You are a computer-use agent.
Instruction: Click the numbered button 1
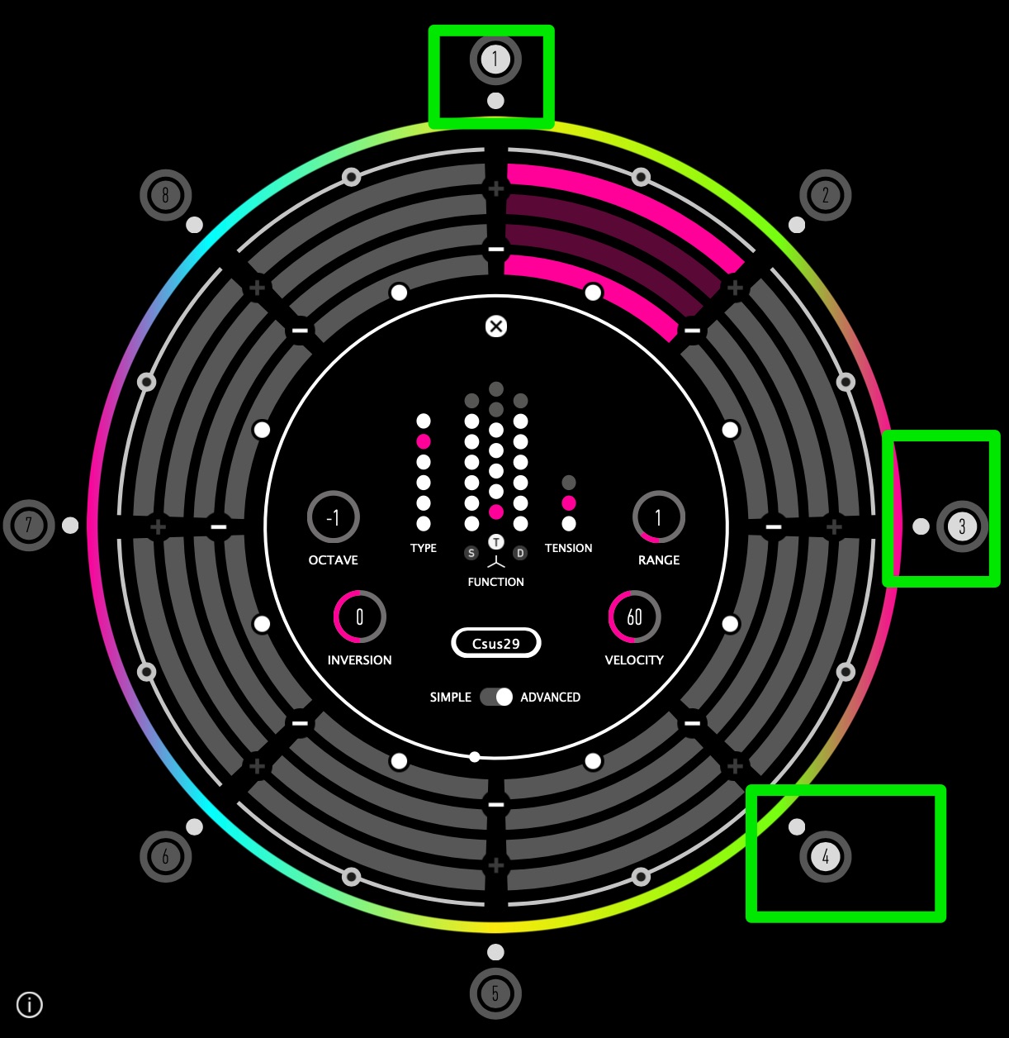[495, 60]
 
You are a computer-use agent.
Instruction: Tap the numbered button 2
[825, 195]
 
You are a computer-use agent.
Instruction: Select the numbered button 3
[961, 526]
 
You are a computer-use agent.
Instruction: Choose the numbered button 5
[495, 993]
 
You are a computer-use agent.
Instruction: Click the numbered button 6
[165, 856]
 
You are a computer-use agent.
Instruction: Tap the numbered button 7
[29, 525]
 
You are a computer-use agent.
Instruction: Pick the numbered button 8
[165, 195]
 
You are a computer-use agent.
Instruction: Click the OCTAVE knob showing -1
[333, 517]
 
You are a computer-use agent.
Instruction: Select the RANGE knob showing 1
[658, 517]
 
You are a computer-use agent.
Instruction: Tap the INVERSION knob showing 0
[359, 617]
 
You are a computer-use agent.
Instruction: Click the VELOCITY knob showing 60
[633, 617]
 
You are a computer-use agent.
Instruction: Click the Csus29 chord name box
[495, 643]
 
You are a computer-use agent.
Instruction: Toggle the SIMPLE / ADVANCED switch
[496, 697]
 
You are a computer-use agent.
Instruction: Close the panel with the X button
[495, 326]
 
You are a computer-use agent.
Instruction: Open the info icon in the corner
[30, 1005]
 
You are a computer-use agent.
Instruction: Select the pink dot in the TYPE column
[424, 441]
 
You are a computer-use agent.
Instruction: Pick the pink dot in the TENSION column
[568, 502]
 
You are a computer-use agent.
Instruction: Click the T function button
[495, 542]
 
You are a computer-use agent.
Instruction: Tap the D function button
[520, 553]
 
